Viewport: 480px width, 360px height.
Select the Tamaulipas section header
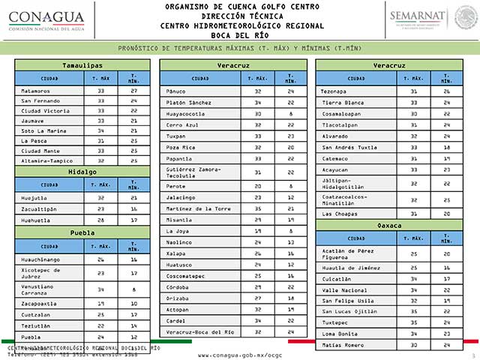coord(82,65)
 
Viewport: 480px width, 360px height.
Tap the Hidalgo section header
coord(82,171)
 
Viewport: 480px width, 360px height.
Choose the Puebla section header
coord(82,232)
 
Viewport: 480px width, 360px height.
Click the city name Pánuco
coord(176,91)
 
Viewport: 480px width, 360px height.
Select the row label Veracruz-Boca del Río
coord(199,331)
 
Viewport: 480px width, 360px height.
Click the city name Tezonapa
coord(334,91)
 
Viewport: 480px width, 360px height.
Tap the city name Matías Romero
coord(342,344)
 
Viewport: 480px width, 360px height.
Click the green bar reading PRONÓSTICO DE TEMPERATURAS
coord(239,48)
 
